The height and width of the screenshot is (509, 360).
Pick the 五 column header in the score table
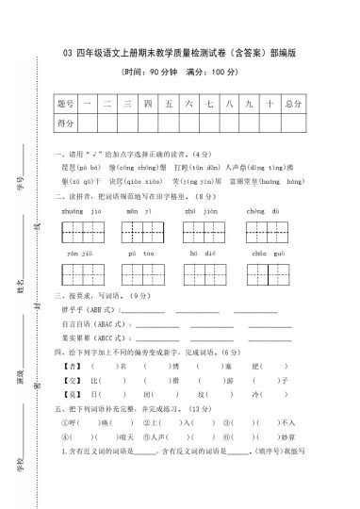[x=168, y=102]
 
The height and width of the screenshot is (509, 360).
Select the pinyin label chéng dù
[x=261, y=213]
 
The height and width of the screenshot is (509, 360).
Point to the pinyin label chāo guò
[x=261, y=254]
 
